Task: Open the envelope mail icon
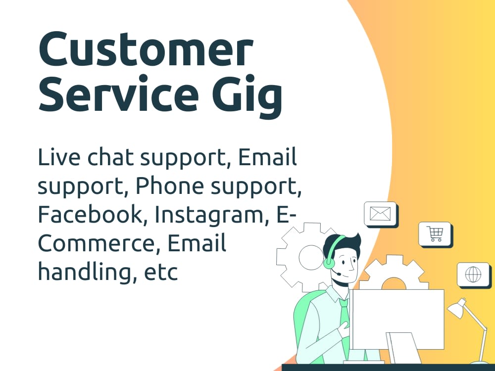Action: [380, 214]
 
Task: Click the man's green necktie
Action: [345, 317]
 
